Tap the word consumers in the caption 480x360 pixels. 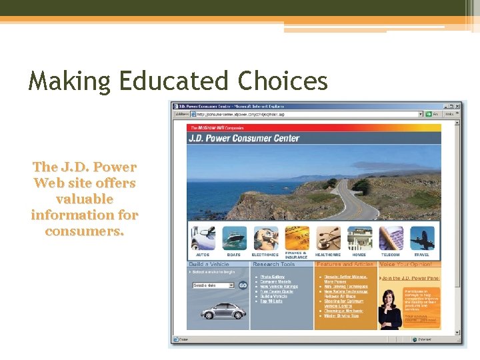85,231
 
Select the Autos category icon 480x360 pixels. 203,238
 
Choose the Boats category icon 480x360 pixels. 234,238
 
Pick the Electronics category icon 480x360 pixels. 265,238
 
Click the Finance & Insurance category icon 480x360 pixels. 296,238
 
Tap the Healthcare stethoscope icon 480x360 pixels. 328,238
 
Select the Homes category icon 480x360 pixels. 359,238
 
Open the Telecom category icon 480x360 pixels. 391,238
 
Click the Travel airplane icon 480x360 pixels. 422,238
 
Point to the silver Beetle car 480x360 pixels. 217,311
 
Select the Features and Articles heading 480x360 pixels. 345,265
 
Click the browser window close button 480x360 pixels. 457,105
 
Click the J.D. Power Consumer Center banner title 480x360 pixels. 245,139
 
